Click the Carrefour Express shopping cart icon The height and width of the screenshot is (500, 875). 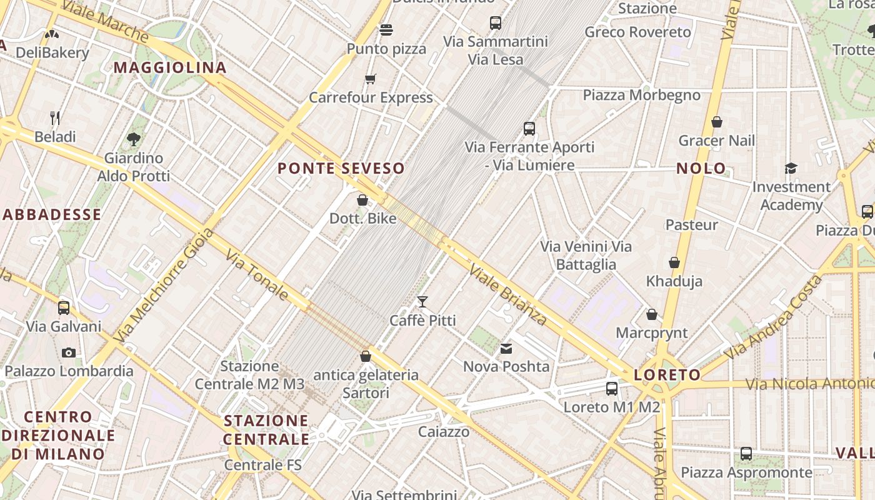(x=371, y=79)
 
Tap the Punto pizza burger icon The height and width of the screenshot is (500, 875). (x=386, y=30)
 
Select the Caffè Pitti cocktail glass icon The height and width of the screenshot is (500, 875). (x=422, y=302)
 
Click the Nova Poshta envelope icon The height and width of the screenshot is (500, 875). (x=506, y=348)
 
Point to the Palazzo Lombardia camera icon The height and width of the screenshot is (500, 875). (x=69, y=352)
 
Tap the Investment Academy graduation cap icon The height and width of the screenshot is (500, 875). (x=791, y=168)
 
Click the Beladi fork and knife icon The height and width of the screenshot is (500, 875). (x=55, y=117)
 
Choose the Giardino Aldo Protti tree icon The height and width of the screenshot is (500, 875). (x=133, y=139)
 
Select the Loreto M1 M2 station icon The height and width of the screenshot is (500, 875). (x=612, y=388)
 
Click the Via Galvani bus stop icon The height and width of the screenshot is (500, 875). (x=64, y=307)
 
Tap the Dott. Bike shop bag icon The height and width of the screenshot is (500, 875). (x=362, y=200)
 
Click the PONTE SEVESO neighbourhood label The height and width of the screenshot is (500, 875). (x=341, y=168)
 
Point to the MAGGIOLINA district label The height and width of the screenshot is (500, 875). (x=170, y=67)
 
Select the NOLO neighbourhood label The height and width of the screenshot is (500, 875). (x=701, y=168)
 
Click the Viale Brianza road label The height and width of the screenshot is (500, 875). (x=508, y=295)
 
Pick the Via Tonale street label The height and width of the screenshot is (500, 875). (x=257, y=275)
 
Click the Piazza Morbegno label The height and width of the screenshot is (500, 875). (x=641, y=95)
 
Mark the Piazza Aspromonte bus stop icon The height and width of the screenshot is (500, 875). (x=746, y=454)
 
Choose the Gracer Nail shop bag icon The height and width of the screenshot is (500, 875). (x=717, y=122)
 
